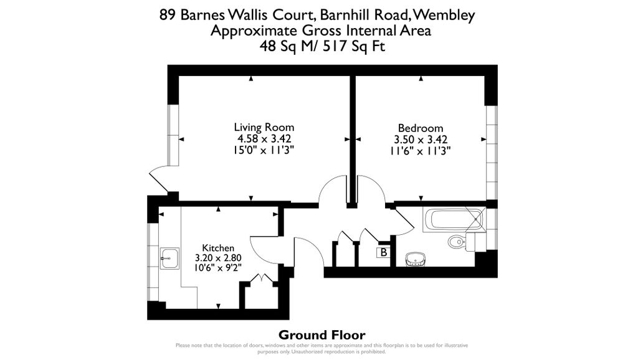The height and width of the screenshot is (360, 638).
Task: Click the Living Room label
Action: [x=264, y=127]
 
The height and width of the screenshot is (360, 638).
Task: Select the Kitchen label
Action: [x=218, y=247]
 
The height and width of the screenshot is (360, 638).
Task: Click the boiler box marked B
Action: [x=384, y=252]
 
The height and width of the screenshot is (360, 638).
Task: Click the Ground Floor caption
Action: [x=321, y=335]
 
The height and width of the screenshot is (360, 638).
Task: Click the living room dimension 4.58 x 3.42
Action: [x=264, y=139]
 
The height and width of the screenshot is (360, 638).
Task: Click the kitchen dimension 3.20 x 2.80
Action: [x=218, y=258]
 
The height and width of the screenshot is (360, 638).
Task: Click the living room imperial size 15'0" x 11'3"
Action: [x=264, y=150]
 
